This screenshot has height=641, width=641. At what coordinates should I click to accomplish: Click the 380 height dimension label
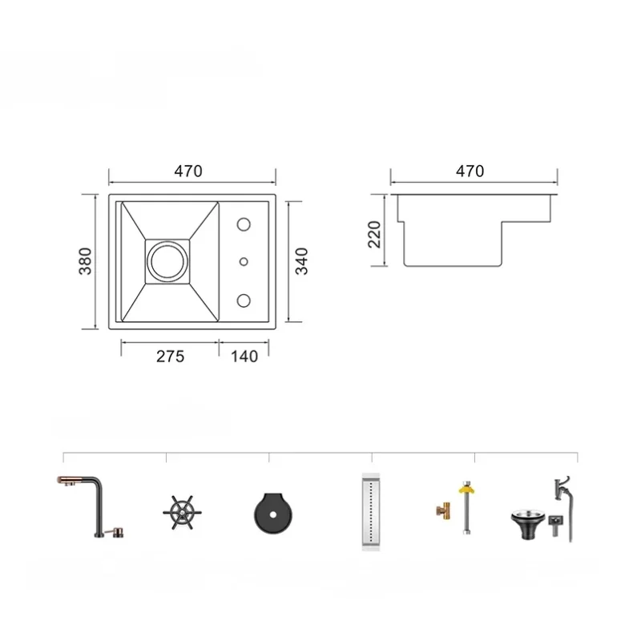(x=85, y=261)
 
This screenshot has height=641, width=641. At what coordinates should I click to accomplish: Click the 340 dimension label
(x=302, y=261)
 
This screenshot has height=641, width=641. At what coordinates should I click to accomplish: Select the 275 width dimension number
(x=170, y=357)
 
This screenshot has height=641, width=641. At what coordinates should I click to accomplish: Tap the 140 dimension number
(x=244, y=357)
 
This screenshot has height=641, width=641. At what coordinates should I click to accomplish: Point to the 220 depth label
(x=374, y=234)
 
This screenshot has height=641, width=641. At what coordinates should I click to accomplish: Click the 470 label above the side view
(x=470, y=171)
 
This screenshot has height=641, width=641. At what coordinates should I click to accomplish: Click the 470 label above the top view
(x=188, y=171)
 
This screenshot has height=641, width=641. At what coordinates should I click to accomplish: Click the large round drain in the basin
(x=167, y=261)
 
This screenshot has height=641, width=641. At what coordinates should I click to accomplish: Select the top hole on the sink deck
(x=244, y=224)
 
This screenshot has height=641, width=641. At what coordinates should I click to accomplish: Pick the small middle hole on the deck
(x=244, y=261)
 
